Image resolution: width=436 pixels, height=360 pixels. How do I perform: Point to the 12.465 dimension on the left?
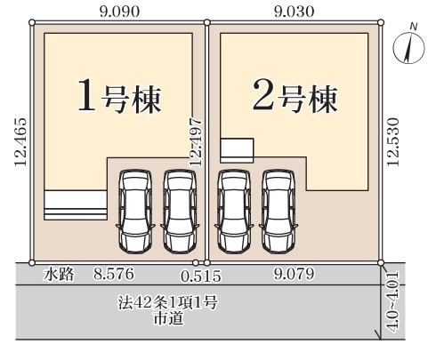coord(20,142)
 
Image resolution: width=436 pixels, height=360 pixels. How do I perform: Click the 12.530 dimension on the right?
coord(392,142)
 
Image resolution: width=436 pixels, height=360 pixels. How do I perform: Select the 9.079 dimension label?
coord(294,275)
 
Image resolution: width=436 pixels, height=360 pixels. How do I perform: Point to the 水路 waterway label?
coord(59,275)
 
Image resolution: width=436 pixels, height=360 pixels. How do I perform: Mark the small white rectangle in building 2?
coord(237,149)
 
